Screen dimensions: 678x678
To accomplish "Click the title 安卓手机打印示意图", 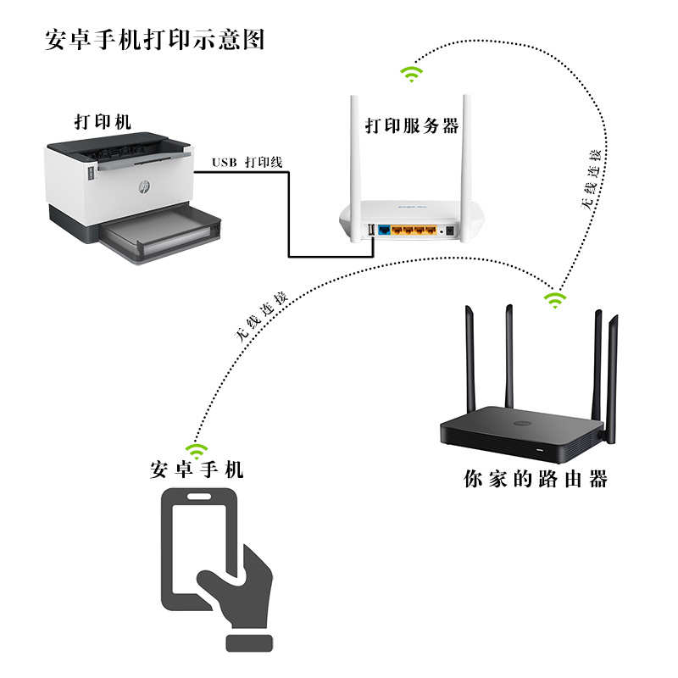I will [154, 40].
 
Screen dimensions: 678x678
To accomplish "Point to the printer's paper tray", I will [161, 233].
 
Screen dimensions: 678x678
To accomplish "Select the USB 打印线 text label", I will [247, 161].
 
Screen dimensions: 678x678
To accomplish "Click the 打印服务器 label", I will [412, 126].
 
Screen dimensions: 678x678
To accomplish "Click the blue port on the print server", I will [384, 230].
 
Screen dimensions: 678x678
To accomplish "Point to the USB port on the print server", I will [371, 230].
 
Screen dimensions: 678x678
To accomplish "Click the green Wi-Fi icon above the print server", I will [412, 74].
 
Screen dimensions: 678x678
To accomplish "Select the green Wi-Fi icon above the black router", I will [554, 299].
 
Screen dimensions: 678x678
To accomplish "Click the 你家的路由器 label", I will [536, 479].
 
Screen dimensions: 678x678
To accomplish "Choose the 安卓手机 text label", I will [197, 470].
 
